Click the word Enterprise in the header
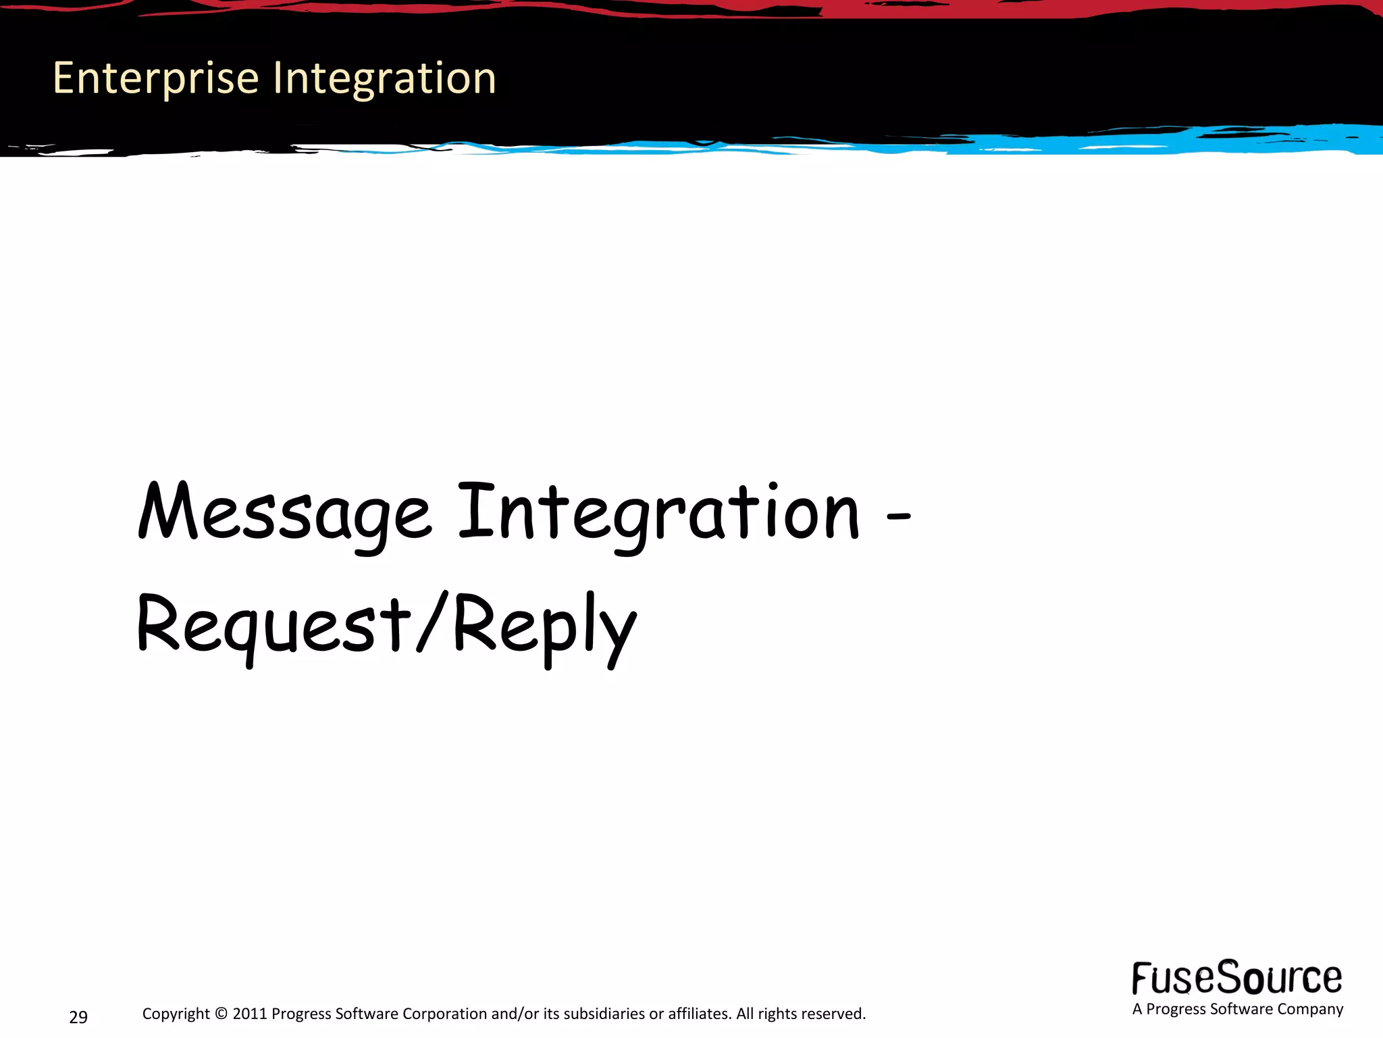155,78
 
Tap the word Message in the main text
284,514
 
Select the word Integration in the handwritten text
658,514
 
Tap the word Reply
544,625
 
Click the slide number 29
78,1017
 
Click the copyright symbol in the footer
221,1014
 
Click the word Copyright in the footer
176,1014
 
